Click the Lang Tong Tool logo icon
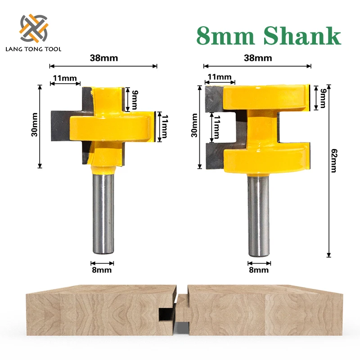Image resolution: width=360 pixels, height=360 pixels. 34,28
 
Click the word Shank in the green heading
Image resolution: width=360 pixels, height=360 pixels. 302,36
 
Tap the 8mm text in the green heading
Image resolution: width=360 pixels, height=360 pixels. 226,36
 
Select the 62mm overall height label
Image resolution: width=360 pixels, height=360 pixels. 334,161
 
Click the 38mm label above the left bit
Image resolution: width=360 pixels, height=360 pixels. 104,58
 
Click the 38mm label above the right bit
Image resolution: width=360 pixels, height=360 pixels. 258,58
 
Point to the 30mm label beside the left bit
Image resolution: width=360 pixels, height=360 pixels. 35,125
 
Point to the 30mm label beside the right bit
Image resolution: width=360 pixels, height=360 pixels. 194,125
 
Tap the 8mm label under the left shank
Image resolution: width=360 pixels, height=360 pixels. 102,270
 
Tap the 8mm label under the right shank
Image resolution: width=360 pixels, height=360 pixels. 259,270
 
